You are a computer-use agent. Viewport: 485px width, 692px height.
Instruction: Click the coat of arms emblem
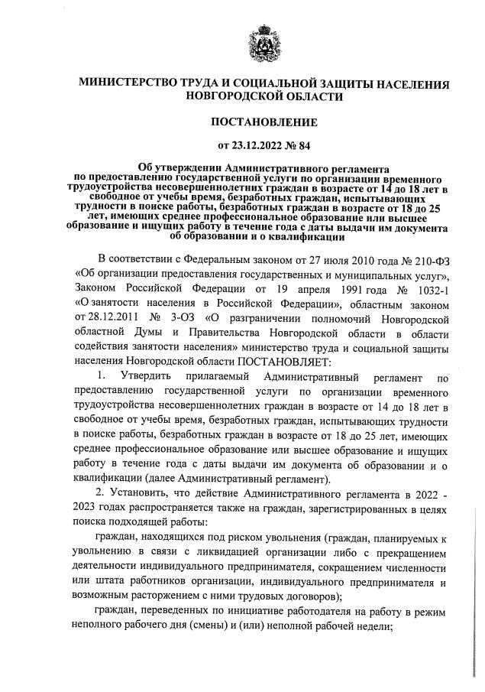tap(264, 41)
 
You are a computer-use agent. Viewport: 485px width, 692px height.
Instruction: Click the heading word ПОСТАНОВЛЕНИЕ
tap(264, 121)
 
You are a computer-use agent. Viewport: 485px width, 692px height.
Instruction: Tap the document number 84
tap(304, 144)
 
